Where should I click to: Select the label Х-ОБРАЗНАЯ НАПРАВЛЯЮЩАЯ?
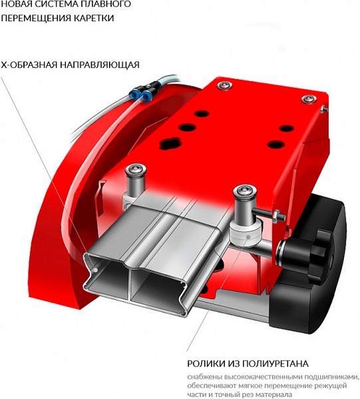pyautogui.click(x=71, y=65)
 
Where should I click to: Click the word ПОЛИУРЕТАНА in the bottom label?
pyautogui.click(x=275, y=363)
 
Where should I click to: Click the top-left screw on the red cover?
pyautogui.click(x=225, y=85)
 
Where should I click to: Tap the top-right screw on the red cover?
pyautogui.click(x=309, y=99)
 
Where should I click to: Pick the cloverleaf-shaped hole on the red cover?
pyautogui.click(x=170, y=143)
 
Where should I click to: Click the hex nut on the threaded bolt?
pyautogui.click(x=277, y=215)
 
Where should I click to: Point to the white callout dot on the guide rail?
pyautogui.click(x=95, y=270)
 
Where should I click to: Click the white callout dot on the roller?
pyautogui.click(x=248, y=237)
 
